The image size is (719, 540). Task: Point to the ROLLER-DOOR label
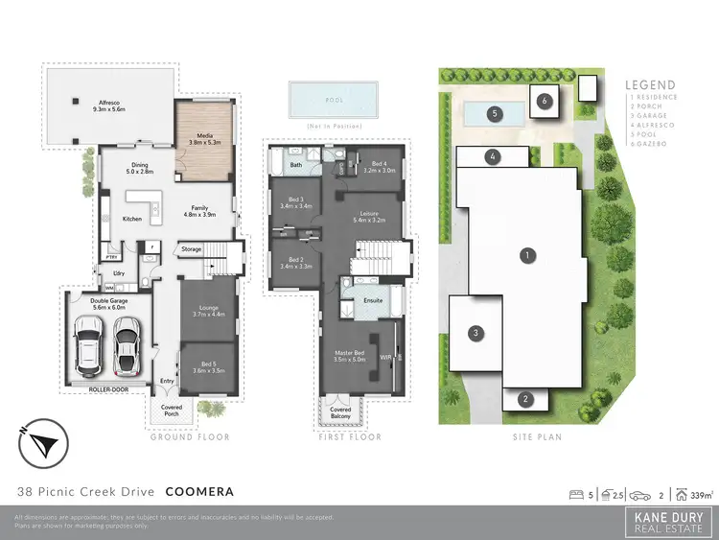105,389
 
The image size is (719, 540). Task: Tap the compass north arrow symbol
41,444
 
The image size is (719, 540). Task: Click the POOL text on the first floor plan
334,99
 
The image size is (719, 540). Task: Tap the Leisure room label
370,216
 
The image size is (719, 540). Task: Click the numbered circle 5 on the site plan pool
495,113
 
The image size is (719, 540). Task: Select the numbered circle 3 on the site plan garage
473,333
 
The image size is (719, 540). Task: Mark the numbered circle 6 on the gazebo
543,100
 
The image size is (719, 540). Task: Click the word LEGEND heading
650,84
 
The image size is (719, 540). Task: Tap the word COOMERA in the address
199,492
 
